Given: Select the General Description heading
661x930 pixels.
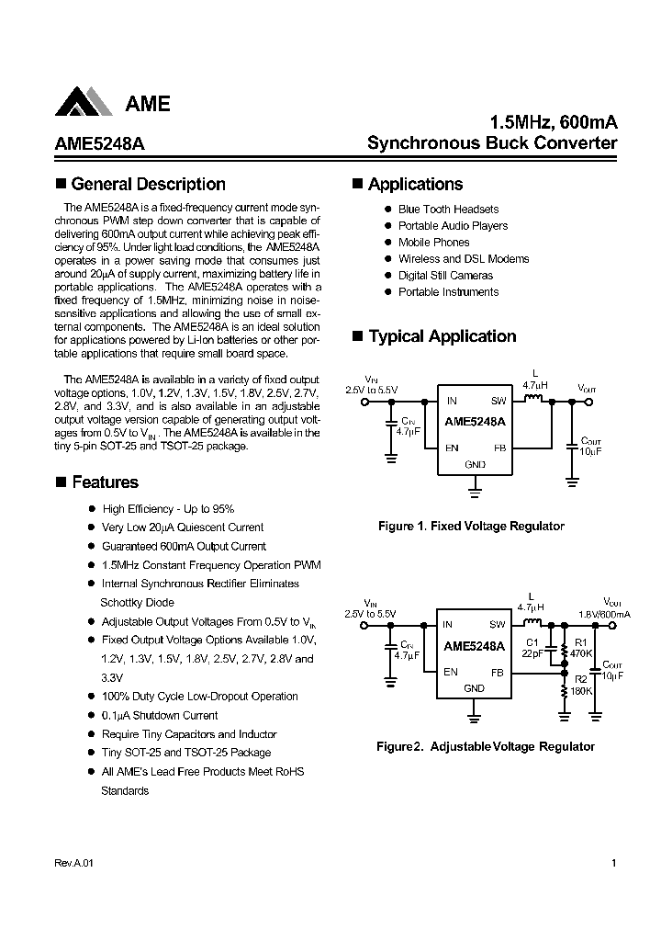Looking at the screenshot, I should point(148,184).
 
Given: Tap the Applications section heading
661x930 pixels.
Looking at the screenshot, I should point(415,184).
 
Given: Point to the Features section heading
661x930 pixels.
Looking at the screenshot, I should point(105,482).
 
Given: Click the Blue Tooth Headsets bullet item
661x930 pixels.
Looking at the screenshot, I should point(448,210).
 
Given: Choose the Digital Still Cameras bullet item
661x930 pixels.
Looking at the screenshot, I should point(445,276).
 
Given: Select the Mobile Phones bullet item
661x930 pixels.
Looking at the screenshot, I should point(433,243).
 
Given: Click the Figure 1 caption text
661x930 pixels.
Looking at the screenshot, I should point(471,527).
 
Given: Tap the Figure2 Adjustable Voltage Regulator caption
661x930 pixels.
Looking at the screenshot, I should point(486,747).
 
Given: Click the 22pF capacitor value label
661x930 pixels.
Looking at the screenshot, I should point(532,653).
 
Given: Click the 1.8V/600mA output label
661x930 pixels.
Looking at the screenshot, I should point(604,613).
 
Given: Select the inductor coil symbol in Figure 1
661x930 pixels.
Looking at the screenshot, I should point(533,399).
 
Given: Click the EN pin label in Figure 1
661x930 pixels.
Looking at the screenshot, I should point(452,448).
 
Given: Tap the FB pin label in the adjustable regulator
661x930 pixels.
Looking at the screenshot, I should point(498,672).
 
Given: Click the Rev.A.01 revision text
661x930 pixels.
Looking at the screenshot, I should point(68,864).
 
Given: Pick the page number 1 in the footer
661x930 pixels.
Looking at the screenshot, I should point(612,864).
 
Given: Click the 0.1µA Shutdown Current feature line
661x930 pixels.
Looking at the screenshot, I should point(160,716).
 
